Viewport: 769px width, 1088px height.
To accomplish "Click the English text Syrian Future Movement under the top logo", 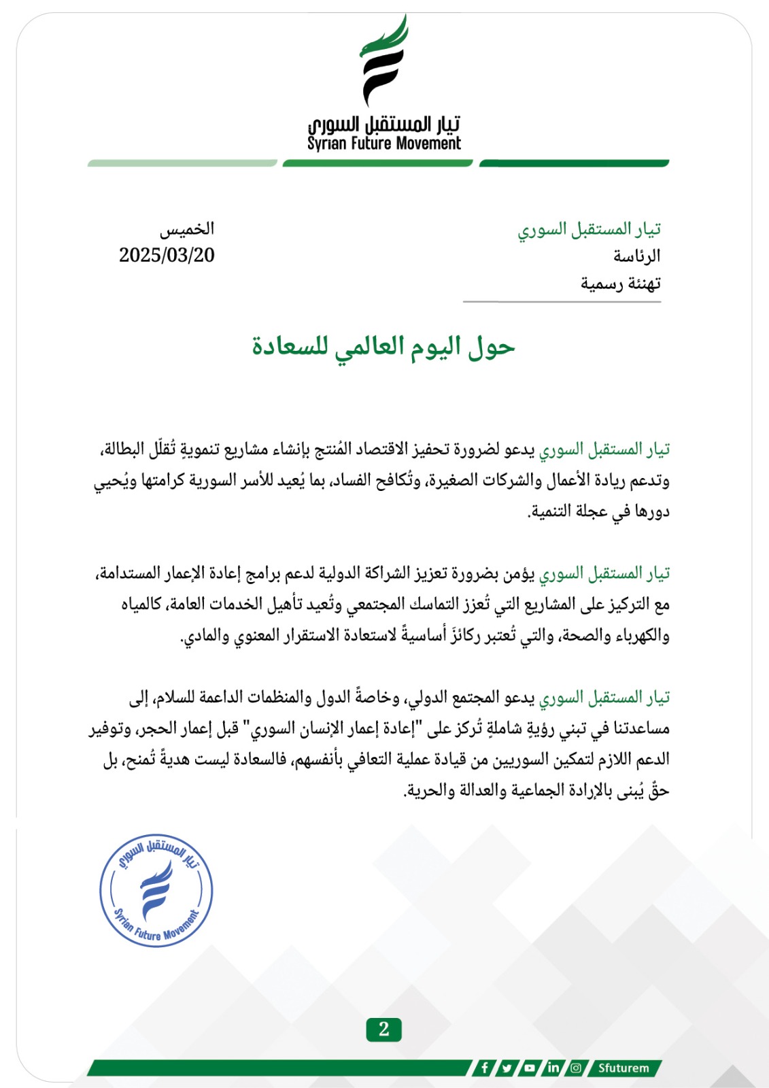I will pos(384,143).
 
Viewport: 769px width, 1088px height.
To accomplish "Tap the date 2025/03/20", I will pos(167,255).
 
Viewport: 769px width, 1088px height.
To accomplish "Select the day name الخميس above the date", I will pos(187,228).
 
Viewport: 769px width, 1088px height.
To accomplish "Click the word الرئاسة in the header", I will pos(636,256).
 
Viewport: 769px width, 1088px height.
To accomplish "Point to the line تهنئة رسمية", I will pos(620,284).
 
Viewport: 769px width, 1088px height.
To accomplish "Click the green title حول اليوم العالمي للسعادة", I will pos(383,347).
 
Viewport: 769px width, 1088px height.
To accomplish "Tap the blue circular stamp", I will pos(156,890).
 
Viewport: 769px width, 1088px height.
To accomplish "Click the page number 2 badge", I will pos(384,1029).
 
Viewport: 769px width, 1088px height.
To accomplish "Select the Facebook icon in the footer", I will pos(484,1068).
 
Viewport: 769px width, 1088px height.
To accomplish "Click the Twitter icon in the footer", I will pos(507,1068).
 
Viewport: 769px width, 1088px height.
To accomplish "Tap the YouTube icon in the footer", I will pos(530,1068).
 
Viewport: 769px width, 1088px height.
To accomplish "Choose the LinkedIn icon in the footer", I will pos(553,1068).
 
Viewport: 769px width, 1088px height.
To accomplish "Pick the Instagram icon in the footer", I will pos(576,1068).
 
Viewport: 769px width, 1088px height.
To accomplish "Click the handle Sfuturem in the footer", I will pos(623,1068).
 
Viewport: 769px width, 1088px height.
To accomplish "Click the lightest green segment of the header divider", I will pos(182,163).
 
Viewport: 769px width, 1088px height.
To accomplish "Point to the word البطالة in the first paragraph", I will pos(123,450).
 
